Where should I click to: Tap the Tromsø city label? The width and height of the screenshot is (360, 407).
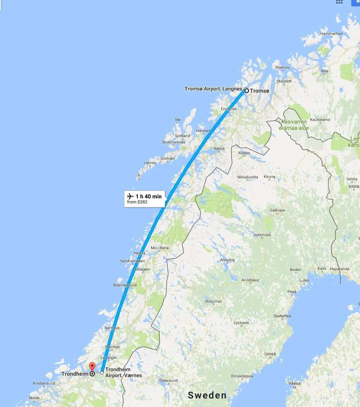pyautogui.click(x=259, y=91)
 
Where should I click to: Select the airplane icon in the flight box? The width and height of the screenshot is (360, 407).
pyautogui.click(x=130, y=196)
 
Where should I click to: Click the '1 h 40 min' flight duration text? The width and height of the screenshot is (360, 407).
pyautogui.click(x=149, y=196)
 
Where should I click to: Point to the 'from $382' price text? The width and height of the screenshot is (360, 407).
pyautogui.click(x=137, y=202)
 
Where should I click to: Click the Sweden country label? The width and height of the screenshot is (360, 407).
pyautogui.click(x=207, y=395)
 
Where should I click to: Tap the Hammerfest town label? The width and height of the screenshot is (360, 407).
pyautogui.click(x=331, y=34)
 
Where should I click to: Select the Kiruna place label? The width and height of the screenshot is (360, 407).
pyautogui.click(x=269, y=177)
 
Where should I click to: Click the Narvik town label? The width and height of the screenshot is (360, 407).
pyautogui.click(x=219, y=148)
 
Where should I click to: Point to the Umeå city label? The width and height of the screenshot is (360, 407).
pyautogui.click(x=270, y=354)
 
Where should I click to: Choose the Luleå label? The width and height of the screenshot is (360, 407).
pyautogui.click(x=304, y=280)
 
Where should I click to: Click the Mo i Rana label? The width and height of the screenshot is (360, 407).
pyautogui.click(x=160, y=248)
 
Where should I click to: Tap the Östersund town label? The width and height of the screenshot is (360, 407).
pyautogui.click(x=168, y=380)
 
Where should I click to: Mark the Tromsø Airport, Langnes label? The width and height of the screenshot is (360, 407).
pyautogui.click(x=213, y=89)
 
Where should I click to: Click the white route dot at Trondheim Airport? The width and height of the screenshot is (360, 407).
pyautogui.click(x=102, y=372)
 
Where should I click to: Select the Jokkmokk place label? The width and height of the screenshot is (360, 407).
pyautogui.click(x=262, y=235)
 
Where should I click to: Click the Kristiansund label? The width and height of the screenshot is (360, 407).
pyautogui.click(x=44, y=383)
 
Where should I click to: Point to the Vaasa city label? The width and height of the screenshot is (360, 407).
pyautogui.click(x=295, y=383)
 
